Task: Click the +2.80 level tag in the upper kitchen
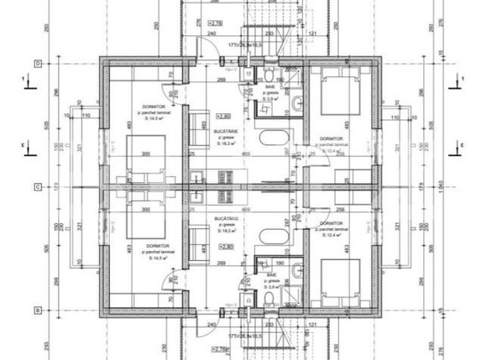(x=223, y=117)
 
